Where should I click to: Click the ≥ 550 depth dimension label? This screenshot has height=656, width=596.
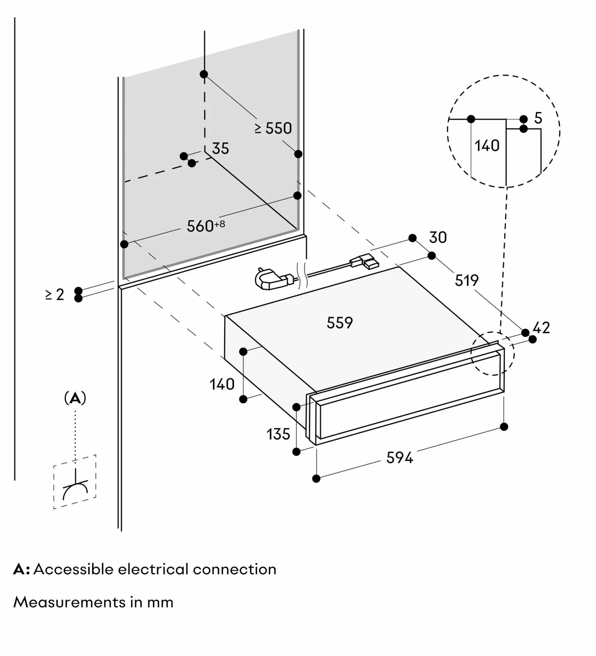[273, 128]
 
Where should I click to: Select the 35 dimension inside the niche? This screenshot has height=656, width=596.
[220, 149]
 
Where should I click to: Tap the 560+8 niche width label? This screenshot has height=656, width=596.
[205, 226]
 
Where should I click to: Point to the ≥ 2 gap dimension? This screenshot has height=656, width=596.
[55, 295]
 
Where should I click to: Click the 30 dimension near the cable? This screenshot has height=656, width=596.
[438, 237]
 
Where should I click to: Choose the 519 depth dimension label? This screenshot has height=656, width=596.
[466, 280]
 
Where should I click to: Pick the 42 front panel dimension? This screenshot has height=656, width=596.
[541, 328]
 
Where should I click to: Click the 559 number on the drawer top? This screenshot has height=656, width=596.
[339, 323]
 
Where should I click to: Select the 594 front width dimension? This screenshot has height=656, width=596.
[400, 458]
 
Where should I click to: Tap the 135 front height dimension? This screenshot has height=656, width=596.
[278, 434]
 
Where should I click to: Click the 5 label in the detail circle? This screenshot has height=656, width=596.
[538, 118]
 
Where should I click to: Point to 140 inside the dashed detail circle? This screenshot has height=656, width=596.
[487, 146]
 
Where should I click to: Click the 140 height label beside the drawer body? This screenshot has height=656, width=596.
[222, 384]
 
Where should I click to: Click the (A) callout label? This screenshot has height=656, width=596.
[75, 398]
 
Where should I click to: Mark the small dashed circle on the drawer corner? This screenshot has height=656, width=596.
[492, 354]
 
